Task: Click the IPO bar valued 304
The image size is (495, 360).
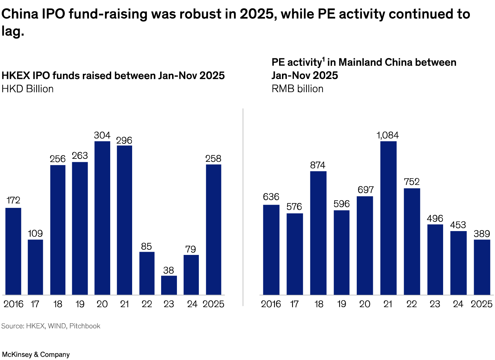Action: tap(102, 218)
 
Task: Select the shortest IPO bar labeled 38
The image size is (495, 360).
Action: tap(169, 285)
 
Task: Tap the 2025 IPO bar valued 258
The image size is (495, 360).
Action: tap(213, 229)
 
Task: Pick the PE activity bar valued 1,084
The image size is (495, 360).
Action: tap(388, 218)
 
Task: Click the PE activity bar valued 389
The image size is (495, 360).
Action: tap(482, 267)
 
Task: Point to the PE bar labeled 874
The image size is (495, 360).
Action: tap(318, 233)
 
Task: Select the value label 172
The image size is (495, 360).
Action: tap(13, 200)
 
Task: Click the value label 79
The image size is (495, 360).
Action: tap(191, 249)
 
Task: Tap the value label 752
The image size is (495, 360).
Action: tap(412, 182)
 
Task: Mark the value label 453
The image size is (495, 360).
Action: tap(458, 225)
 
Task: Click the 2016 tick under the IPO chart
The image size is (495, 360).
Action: tap(13, 304)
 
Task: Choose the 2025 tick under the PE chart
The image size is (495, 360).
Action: tap(481, 304)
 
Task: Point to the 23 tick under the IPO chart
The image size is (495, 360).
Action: tap(169, 304)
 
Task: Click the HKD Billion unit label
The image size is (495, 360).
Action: tap(28, 89)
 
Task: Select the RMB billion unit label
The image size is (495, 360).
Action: tap(297, 89)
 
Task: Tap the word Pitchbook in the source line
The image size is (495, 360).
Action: tap(85, 326)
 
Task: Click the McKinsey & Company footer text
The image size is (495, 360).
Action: tap(36, 355)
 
